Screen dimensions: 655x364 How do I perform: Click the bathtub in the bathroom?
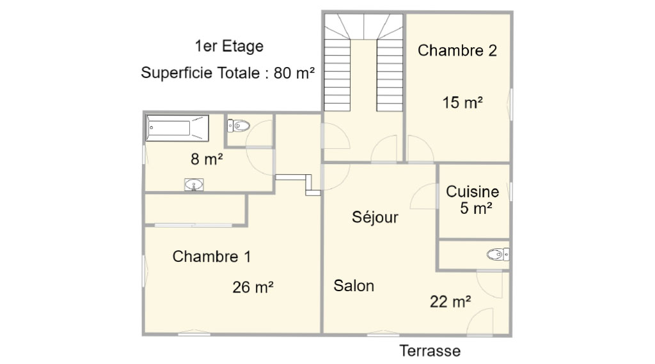[177, 128]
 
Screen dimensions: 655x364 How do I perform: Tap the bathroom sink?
[194, 185]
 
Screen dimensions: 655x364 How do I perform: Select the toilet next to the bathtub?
[239, 126]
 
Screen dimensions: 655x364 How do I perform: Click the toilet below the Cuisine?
[498, 254]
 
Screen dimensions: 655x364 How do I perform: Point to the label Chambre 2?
[457, 50]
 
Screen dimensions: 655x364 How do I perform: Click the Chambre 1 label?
[212, 257]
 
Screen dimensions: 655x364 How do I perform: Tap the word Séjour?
[375, 217]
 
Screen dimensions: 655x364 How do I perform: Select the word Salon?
[354, 285]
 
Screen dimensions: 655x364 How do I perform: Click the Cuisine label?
[473, 192]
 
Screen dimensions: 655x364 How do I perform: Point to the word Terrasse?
[430, 351]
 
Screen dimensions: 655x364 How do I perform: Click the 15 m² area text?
[462, 102]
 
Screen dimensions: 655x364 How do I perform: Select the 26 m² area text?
[253, 287]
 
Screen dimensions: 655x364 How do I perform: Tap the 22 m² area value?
[450, 301]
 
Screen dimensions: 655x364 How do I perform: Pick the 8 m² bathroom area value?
[207, 158]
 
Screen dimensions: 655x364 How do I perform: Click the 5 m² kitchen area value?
[476, 208]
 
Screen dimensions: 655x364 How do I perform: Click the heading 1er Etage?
[229, 46]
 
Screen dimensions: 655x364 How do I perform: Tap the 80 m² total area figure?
[294, 73]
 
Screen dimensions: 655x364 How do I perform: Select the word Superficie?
[200, 73]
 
